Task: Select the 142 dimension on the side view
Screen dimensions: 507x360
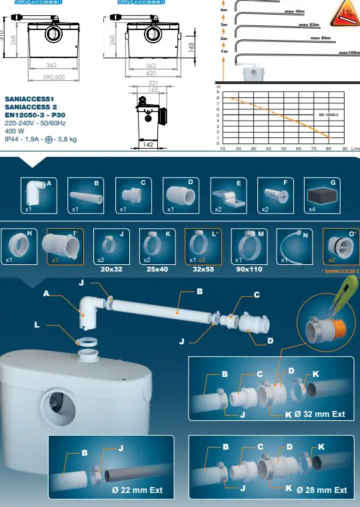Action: point(149,144)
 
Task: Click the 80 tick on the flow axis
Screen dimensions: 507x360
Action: point(329,149)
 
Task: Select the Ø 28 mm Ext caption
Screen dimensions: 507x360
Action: point(322,490)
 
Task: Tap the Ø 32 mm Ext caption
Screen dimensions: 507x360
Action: point(320,414)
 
